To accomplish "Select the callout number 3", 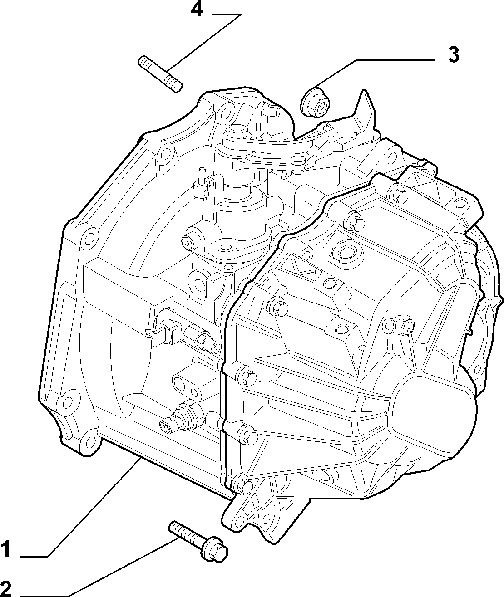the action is click(454, 54).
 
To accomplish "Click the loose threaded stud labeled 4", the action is click(160, 74).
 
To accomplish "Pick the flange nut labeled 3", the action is click(316, 103).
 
